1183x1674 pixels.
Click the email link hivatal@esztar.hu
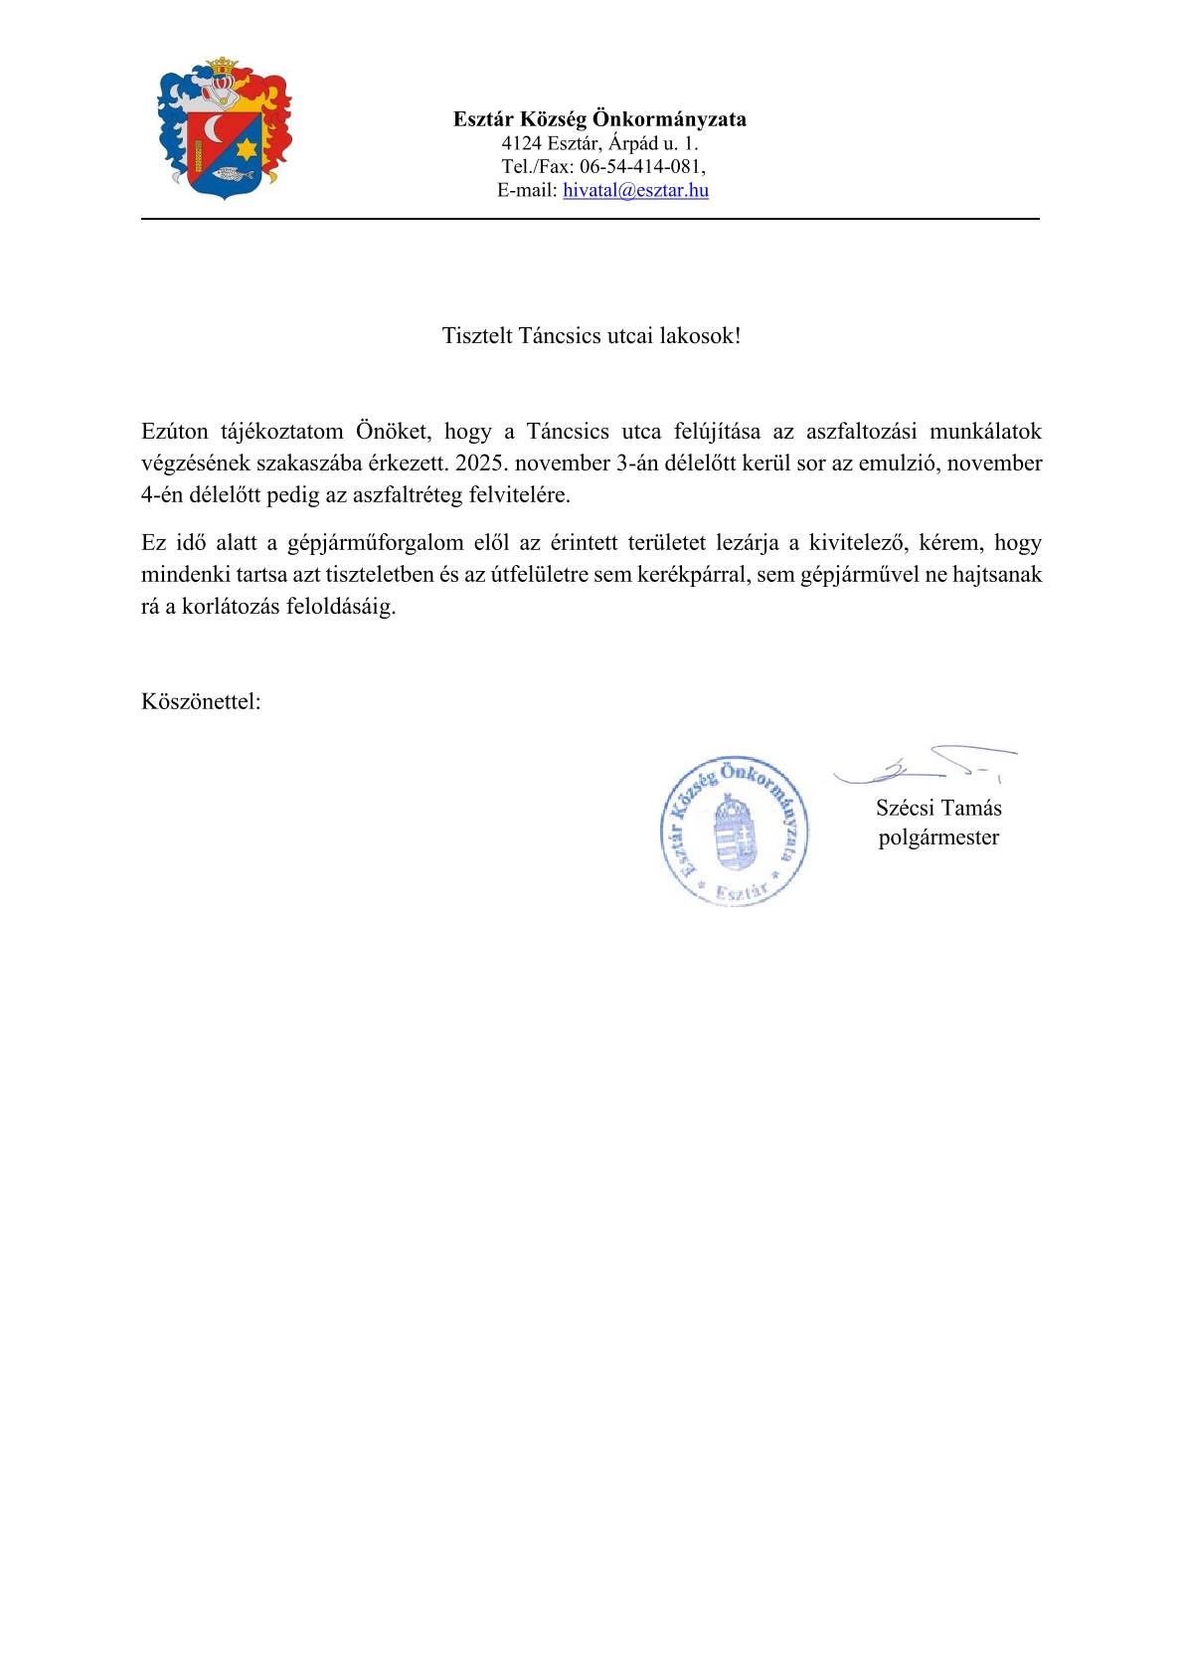(x=635, y=190)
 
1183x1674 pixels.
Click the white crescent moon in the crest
(x=214, y=129)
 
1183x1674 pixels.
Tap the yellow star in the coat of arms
(x=247, y=149)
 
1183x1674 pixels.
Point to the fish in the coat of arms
(x=231, y=175)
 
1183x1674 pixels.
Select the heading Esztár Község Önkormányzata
(x=599, y=119)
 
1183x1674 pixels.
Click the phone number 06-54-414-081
(x=641, y=166)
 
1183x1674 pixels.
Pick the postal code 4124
(x=521, y=143)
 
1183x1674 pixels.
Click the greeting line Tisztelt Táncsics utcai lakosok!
(x=591, y=336)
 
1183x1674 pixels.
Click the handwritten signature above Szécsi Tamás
(x=925, y=765)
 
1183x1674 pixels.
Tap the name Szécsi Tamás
(x=938, y=808)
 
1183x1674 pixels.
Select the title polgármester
(x=938, y=837)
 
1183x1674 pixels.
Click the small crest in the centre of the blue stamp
(x=736, y=832)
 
